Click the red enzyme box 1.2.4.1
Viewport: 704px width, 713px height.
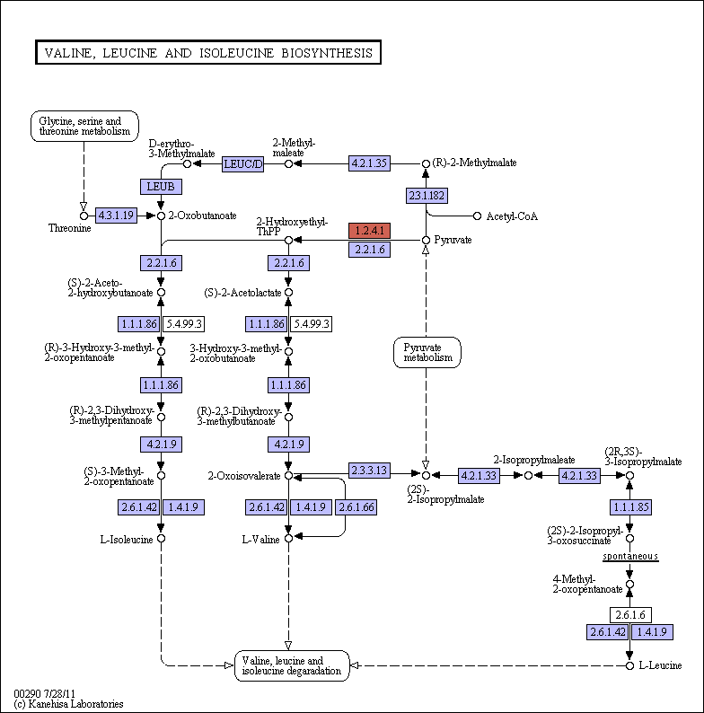tap(369, 231)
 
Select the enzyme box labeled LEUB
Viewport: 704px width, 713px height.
tap(161, 187)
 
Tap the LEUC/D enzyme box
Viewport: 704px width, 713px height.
tap(243, 164)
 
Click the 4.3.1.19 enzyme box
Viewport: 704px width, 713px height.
tap(116, 216)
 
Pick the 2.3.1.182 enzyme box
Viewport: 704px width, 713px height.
tap(427, 196)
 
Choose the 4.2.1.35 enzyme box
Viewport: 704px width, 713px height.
tap(369, 163)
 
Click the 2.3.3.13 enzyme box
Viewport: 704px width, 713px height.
tap(369, 471)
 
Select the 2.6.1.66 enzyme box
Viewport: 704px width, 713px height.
tap(356, 507)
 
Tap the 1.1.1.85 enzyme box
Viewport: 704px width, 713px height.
tap(630, 507)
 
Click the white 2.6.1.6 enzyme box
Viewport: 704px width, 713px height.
tap(630, 615)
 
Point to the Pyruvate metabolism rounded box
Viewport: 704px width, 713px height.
tap(427, 352)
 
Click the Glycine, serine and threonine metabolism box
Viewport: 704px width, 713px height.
tap(84, 126)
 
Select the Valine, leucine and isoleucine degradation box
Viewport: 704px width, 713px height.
tap(292, 665)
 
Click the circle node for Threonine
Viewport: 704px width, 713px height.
tap(84, 216)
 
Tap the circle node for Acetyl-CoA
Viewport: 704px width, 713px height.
tap(477, 216)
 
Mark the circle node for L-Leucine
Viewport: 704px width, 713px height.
tap(629, 665)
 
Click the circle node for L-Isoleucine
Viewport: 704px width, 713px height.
tap(161, 539)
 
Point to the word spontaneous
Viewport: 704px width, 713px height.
tap(630, 556)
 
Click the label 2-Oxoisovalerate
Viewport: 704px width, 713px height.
tap(244, 476)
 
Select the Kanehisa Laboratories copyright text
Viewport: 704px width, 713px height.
tap(68, 704)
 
